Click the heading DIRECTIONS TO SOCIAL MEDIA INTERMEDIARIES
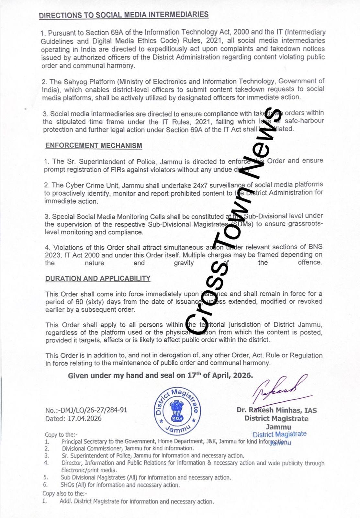point(124,15)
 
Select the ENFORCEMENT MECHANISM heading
point(94,145)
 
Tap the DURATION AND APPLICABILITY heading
point(98,278)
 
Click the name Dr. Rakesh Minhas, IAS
point(276,410)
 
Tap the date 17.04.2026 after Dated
point(84,418)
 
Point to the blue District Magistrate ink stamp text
point(279,434)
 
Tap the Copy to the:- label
point(61,434)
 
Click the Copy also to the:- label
point(64,493)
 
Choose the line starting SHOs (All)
point(120,485)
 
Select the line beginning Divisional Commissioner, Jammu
point(128,448)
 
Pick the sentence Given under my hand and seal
point(160,375)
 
